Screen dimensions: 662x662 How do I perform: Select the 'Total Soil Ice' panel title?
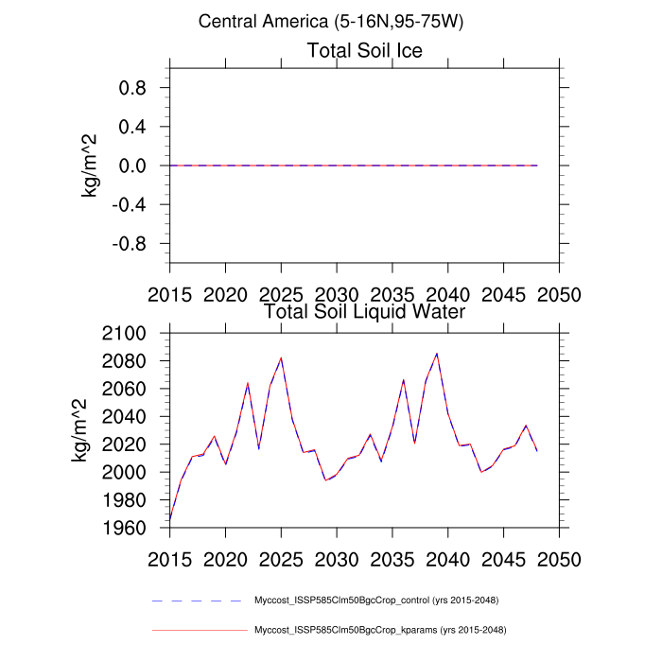click(x=364, y=50)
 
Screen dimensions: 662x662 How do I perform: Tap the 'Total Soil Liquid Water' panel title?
click(x=364, y=310)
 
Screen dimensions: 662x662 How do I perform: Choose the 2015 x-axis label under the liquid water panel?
click(x=170, y=559)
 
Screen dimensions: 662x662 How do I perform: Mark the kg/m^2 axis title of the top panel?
click(x=92, y=165)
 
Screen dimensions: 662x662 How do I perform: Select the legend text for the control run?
click(x=376, y=601)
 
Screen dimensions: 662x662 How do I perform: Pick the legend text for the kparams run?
click(x=379, y=630)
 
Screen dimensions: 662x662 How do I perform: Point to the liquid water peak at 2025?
click(x=281, y=358)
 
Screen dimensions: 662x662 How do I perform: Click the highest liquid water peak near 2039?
click(x=436, y=354)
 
